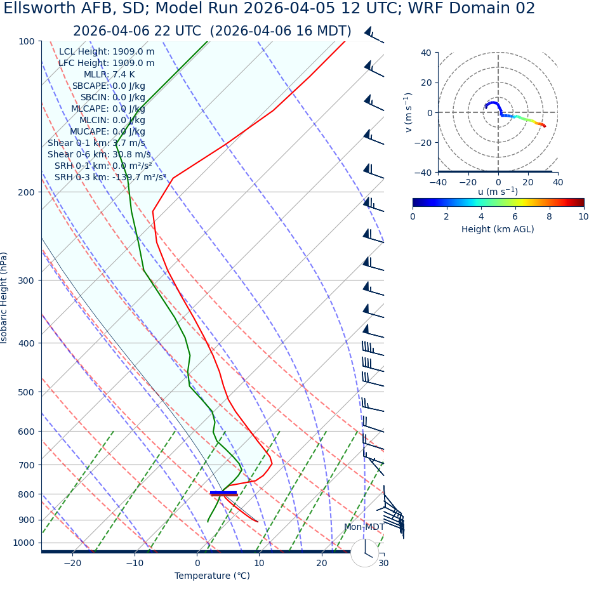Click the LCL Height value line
(x=107, y=51)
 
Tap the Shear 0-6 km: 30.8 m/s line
(x=99, y=154)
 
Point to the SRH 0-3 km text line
(x=110, y=177)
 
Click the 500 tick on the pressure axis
(x=26, y=392)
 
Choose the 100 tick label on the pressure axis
(x=26, y=41)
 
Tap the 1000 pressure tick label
(x=23, y=543)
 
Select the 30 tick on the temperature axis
(x=383, y=563)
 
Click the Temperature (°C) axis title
(x=212, y=576)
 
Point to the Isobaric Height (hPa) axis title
(x=4, y=298)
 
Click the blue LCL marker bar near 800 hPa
(x=223, y=492)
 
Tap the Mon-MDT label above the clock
(x=364, y=527)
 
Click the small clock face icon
(x=364, y=553)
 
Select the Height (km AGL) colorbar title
(x=498, y=229)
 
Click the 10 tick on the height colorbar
(x=583, y=216)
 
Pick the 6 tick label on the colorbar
(x=515, y=216)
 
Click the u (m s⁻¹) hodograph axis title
(x=498, y=192)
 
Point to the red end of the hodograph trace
(x=544, y=126)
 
